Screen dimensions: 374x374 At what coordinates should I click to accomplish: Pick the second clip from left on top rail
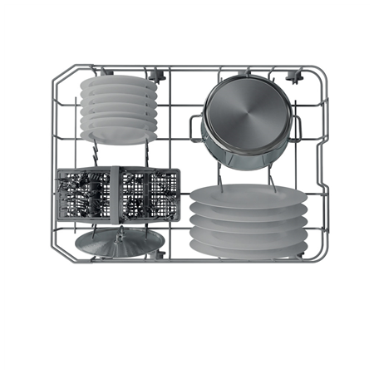click(x=155, y=74)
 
